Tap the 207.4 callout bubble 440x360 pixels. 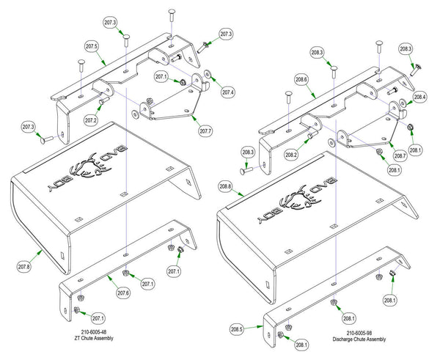[227, 92]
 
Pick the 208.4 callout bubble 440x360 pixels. [419, 96]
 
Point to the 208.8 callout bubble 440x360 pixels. [226, 188]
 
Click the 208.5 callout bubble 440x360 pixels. [236, 328]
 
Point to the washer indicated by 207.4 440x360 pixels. [208, 74]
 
